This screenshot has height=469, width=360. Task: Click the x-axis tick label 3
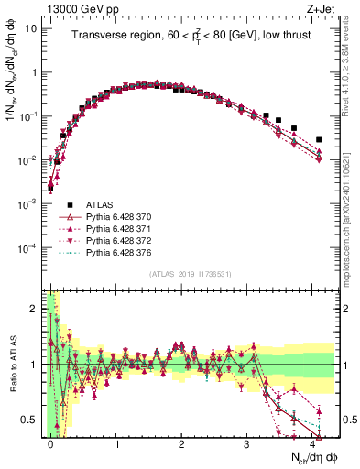(x=247, y=442)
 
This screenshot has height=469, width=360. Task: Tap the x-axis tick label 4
(x=312, y=442)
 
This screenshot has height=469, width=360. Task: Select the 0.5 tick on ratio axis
(x=31, y=420)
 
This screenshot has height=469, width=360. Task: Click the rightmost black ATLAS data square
(x=319, y=140)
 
